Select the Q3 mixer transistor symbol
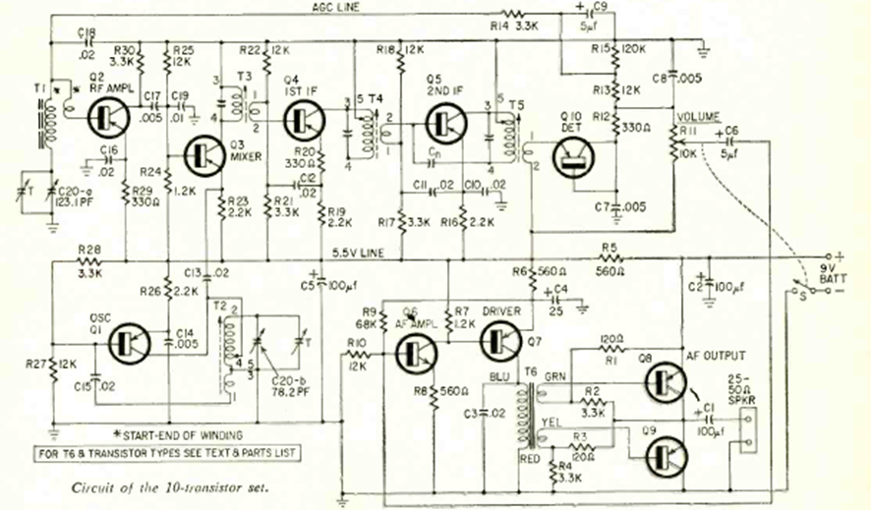(209, 154)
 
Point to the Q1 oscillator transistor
(134, 341)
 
